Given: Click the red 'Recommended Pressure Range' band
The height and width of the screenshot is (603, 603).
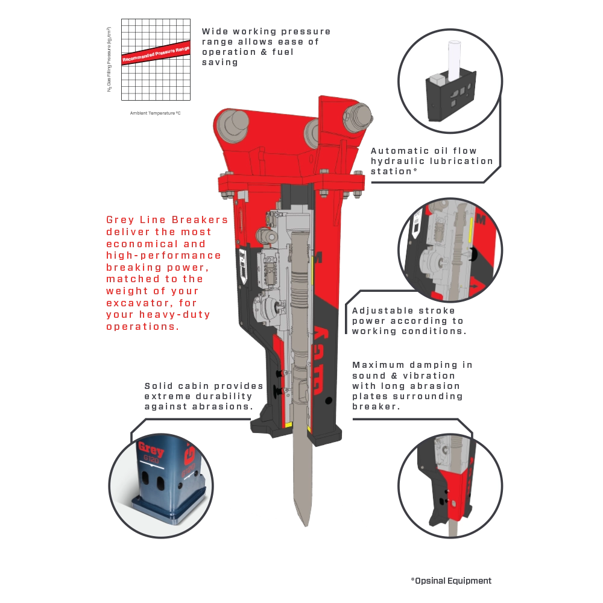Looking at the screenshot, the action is coord(156,53).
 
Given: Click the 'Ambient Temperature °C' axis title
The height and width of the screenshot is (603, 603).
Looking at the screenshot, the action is coord(155,113).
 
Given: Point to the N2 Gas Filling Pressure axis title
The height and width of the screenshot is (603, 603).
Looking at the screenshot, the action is coord(109,59).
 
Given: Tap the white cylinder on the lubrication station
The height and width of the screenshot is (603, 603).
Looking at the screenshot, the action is coord(454,60).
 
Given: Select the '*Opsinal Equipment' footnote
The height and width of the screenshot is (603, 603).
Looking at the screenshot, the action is coord(451,581).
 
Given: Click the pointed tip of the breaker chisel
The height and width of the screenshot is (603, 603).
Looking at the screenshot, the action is coord(306,525).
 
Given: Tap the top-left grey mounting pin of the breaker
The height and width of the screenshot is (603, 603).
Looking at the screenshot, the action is coord(233,124).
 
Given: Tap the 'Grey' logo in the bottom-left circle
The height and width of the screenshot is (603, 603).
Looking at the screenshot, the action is coord(151,449).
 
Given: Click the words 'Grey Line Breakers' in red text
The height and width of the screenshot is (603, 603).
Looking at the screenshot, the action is coord(167,220).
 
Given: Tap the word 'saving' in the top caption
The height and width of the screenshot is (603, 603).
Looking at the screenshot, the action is coord(220,62).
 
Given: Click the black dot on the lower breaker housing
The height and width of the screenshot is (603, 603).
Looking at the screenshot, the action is coord(329,400).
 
